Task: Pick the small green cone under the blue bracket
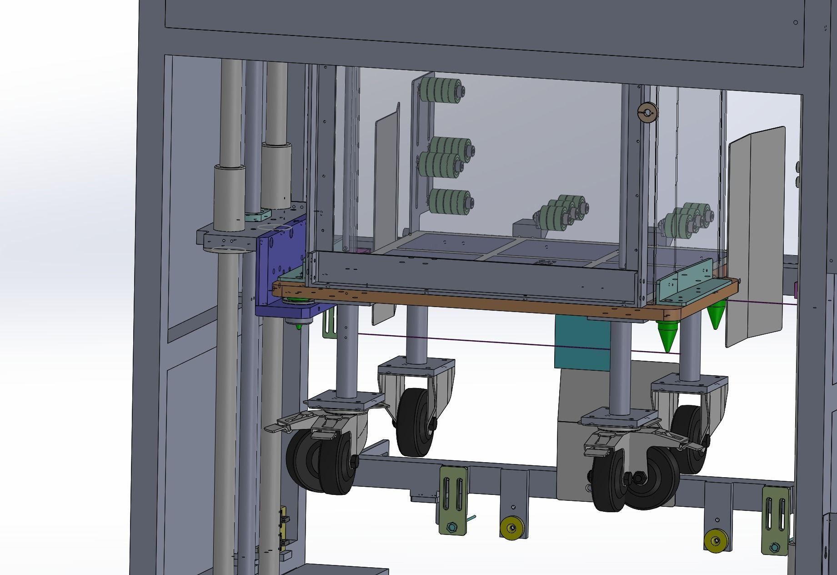pos(299,326)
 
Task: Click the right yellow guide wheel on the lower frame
pos(715,541)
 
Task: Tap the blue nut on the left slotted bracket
pos(451,527)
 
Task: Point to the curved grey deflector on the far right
pos(755,237)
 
